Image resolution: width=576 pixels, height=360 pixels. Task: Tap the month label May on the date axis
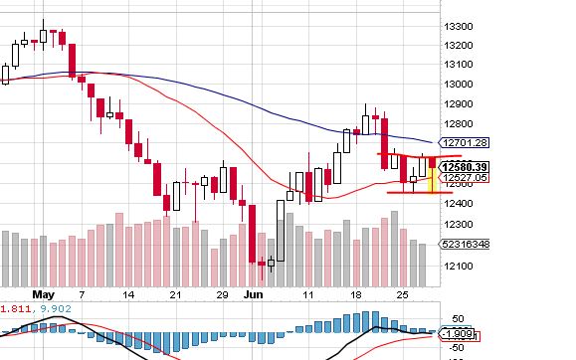tap(41, 295)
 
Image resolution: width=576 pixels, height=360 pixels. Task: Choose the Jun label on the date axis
tap(253, 295)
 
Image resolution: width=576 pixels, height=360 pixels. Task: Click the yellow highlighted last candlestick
tap(432, 173)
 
